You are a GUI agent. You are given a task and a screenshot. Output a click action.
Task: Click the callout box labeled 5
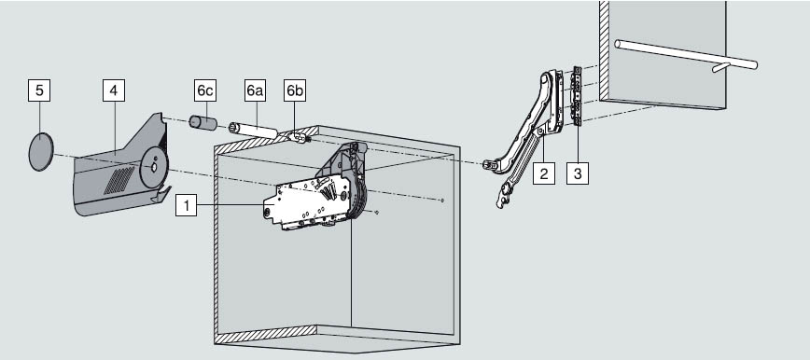[39, 90]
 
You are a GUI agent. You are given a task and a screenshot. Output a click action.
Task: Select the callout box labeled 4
[114, 90]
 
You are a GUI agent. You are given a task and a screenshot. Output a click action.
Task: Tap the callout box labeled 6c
[205, 90]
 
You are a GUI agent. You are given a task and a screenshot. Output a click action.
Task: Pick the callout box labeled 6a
[255, 90]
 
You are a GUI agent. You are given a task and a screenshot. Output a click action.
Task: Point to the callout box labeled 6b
[295, 90]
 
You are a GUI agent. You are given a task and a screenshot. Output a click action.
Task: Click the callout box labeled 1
[186, 205]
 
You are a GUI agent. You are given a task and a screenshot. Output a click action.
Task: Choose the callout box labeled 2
[543, 173]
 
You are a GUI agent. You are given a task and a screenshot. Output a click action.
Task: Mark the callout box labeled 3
[578, 173]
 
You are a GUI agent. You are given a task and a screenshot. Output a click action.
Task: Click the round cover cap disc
[41, 151]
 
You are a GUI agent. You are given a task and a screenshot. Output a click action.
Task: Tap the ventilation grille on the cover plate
[119, 180]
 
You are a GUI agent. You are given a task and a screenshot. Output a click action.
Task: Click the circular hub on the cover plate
[154, 167]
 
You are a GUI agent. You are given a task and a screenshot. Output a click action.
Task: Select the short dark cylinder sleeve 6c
[202, 124]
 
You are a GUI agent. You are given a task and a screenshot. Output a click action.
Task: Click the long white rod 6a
[253, 129]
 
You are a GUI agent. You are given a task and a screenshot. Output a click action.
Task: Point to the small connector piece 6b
[300, 137]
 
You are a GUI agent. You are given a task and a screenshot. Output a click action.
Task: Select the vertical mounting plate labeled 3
[577, 97]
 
